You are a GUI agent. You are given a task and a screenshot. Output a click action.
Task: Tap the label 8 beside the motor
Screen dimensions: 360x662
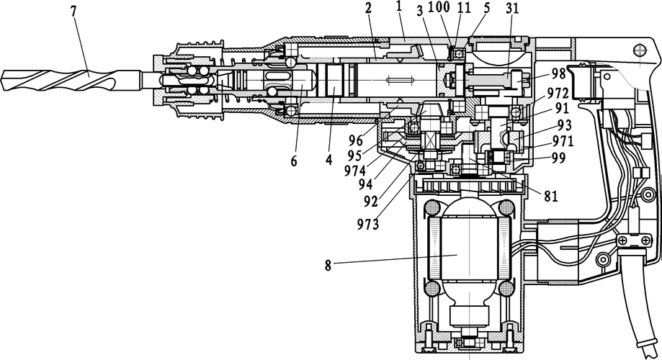click(x=329, y=264)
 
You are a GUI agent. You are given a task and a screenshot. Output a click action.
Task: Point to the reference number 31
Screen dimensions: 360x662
click(x=513, y=7)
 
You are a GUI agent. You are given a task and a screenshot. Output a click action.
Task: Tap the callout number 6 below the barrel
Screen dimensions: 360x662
click(x=294, y=161)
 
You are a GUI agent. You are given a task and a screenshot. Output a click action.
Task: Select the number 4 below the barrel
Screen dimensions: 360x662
click(x=328, y=161)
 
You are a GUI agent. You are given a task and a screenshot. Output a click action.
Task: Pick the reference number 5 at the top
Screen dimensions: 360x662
click(x=487, y=7)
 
